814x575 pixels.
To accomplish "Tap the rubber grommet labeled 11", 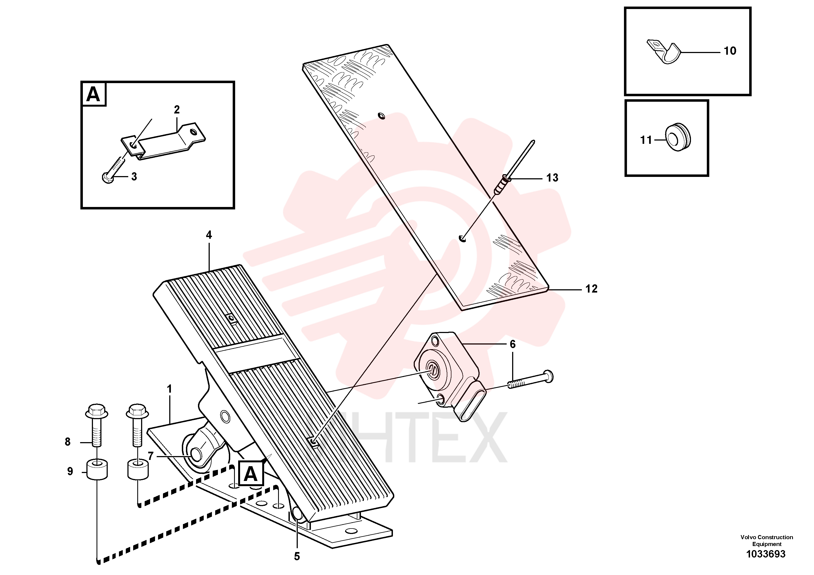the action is pyautogui.click(x=678, y=138).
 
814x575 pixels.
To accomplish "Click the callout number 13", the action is pyautogui.click(x=552, y=178).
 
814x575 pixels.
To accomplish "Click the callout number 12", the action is pyautogui.click(x=591, y=289).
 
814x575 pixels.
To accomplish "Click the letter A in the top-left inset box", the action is pyautogui.click(x=93, y=94).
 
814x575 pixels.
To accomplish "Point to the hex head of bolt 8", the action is pyautogui.click(x=97, y=411).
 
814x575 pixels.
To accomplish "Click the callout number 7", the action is pyautogui.click(x=151, y=456).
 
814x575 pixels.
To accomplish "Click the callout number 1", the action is pyautogui.click(x=170, y=389).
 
